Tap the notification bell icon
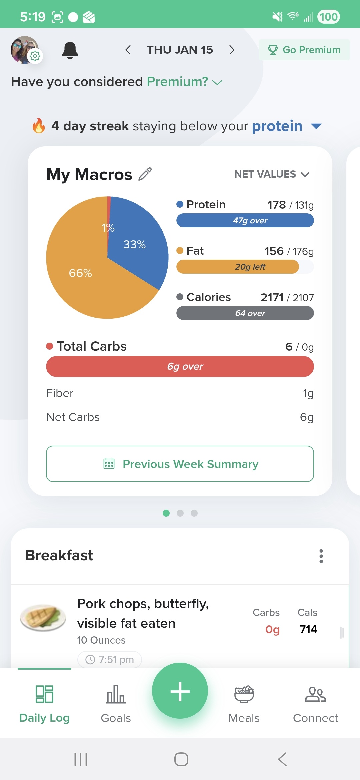(x=70, y=50)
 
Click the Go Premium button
(x=304, y=50)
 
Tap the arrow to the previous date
(x=128, y=50)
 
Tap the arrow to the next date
(x=232, y=50)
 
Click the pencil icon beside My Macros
(x=145, y=174)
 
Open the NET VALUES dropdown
(x=272, y=174)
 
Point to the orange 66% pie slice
(x=83, y=280)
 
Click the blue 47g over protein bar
(x=245, y=220)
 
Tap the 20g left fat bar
(x=238, y=267)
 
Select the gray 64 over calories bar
(x=245, y=313)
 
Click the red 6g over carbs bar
(x=180, y=366)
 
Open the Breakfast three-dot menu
(x=321, y=556)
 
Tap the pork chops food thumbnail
(x=43, y=618)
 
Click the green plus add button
(x=180, y=691)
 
